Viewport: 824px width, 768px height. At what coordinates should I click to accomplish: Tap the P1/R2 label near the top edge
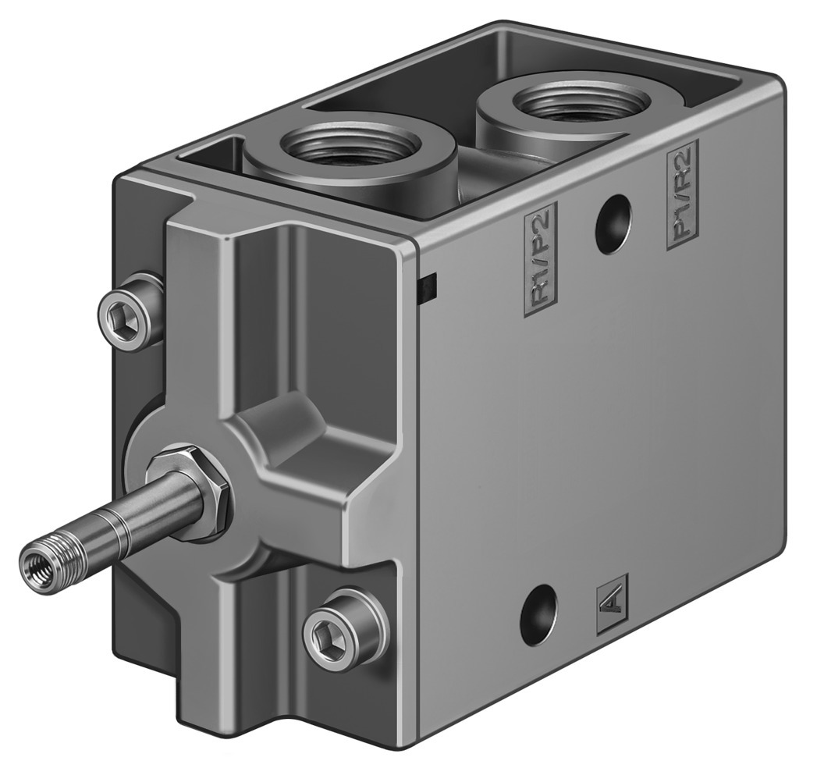pos(683,195)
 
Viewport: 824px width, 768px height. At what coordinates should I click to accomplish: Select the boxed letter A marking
pos(612,604)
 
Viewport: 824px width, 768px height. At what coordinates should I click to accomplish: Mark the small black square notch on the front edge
pos(428,289)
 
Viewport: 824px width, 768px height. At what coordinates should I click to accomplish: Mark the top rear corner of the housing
pos(772,78)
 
